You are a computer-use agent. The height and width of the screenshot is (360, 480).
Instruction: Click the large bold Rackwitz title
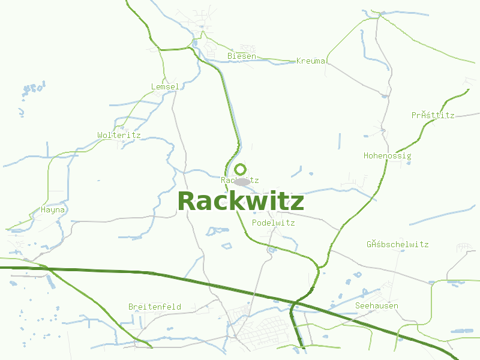[x=241, y=202]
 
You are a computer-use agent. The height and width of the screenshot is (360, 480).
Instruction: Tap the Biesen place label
[x=242, y=56]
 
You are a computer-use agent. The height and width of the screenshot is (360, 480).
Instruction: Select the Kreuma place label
[x=311, y=61]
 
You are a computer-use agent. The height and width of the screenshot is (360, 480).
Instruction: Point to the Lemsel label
[x=165, y=87]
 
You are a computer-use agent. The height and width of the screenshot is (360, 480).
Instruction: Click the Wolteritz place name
[x=119, y=136]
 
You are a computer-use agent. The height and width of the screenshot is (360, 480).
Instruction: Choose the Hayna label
[x=53, y=210]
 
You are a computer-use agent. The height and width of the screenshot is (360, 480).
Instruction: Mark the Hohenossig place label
[x=388, y=156]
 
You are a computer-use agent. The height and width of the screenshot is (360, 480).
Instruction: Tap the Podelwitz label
[x=274, y=223]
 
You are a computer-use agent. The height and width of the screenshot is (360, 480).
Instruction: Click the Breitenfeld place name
[x=155, y=307]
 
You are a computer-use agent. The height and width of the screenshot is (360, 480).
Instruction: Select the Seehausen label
[x=377, y=306]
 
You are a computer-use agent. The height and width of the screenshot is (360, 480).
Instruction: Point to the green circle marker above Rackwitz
[x=240, y=169]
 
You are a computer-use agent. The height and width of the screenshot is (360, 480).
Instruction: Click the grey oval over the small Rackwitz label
[x=242, y=181]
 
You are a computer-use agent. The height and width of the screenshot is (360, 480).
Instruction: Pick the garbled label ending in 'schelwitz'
[x=397, y=245]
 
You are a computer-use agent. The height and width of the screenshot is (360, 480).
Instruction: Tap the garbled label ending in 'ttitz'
[x=433, y=115]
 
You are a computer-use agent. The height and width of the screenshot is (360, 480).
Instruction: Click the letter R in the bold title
[x=187, y=202]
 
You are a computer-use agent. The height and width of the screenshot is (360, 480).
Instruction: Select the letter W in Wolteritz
[x=100, y=136]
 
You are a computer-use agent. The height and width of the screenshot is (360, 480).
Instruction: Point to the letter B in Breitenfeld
[x=131, y=307]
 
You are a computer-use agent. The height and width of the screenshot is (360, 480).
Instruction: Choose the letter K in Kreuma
[x=299, y=61]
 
